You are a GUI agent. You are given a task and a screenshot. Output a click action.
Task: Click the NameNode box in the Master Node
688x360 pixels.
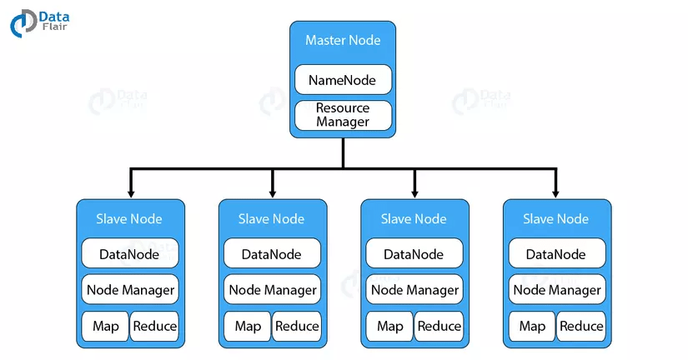coord(343,80)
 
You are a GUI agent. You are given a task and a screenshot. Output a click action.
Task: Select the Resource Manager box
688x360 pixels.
coord(343,115)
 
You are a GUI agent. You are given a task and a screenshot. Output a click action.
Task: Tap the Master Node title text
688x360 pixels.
coord(343,40)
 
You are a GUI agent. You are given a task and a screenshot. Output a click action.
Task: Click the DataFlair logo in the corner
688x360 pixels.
coord(39,22)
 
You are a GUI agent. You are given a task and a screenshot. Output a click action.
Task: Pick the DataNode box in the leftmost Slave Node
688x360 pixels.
coord(130,253)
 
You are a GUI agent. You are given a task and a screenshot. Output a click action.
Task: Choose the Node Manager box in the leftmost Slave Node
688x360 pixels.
coord(130,289)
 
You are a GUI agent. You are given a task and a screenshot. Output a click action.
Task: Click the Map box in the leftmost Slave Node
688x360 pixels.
coord(105,326)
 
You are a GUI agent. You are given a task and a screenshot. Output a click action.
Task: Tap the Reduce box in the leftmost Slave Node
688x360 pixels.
coord(155,326)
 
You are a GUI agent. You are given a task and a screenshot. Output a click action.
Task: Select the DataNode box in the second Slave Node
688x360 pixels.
coord(272,253)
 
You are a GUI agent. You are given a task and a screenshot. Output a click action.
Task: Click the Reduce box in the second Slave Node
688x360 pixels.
coord(297,326)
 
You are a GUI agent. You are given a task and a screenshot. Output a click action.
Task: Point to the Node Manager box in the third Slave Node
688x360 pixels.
coord(414,289)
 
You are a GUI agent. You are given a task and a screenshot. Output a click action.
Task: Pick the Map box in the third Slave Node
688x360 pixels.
coord(389,326)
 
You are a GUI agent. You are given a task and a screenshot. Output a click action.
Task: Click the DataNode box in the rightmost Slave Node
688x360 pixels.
coord(557,253)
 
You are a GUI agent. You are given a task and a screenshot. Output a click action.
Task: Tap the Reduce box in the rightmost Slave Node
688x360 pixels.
coord(581,326)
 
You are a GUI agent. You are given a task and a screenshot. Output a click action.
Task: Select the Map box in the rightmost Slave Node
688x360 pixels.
coord(532,326)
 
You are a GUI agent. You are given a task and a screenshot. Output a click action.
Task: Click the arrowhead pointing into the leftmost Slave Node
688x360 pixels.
coord(130,194)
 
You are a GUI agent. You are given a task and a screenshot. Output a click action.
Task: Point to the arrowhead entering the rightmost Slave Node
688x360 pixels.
coord(555,194)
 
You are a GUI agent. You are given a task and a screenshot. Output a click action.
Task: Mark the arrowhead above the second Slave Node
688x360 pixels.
coord(273,194)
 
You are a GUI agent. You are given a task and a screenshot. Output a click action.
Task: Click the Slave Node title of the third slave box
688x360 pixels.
coord(414,219)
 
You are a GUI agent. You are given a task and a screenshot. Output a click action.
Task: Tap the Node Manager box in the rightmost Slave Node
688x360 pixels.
coord(557,289)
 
